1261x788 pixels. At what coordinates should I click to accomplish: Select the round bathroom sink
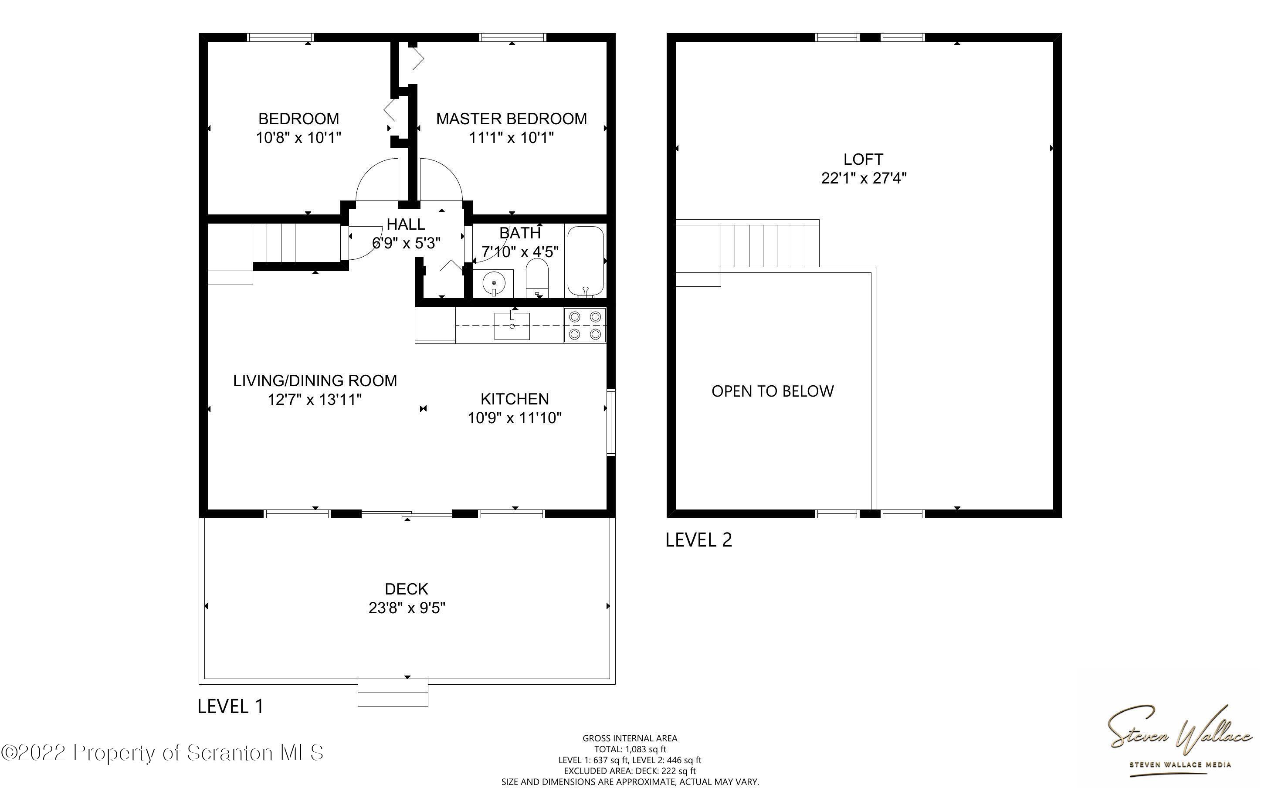click(494, 283)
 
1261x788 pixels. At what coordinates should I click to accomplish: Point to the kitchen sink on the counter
click(512, 326)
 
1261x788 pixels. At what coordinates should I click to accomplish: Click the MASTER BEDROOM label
click(511, 119)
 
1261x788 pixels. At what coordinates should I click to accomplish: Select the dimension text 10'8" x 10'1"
click(298, 138)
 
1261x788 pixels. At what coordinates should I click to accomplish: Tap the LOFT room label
click(863, 159)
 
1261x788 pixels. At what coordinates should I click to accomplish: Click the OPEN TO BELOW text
click(773, 391)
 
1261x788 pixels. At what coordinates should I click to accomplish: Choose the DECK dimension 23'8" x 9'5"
click(407, 608)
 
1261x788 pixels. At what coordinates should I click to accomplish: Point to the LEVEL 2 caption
click(698, 540)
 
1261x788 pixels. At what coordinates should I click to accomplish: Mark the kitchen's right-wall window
click(611, 422)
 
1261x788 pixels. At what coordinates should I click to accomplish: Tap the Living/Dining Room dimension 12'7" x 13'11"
click(315, 400)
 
